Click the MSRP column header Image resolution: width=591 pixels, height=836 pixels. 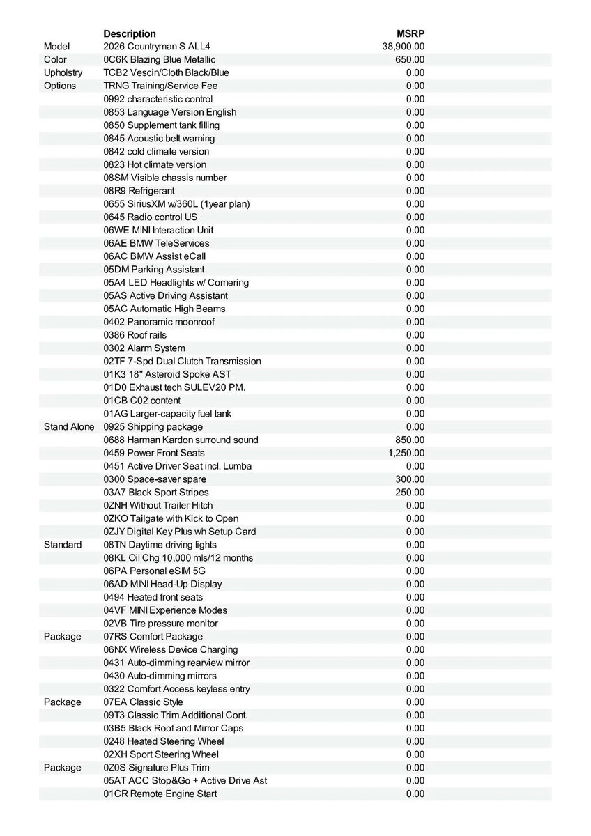point(410,33)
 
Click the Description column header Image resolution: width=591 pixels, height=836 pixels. point(130,33)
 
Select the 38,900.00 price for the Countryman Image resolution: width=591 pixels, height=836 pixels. point(404,47)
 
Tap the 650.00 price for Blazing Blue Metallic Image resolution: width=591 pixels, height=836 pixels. point(410,60)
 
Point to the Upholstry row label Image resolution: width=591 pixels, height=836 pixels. point(63,72)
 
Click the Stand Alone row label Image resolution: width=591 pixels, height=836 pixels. point(68,426)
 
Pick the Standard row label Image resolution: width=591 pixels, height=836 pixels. point(63,545)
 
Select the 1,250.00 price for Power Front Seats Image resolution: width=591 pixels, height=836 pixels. point(406,453)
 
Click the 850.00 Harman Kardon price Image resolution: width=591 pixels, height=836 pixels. point(410,440)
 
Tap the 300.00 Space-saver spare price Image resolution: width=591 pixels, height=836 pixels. point(410,479)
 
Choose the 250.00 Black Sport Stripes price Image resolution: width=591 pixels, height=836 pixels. point(410,493)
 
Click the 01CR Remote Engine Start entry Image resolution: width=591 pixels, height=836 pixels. point(160,794)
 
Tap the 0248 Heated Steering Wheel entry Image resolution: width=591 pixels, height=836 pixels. point(164,741)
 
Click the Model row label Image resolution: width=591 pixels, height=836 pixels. point(57,47)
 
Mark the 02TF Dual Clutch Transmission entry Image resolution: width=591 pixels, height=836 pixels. point(183,362)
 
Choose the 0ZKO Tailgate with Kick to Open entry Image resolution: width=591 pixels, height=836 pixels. point(171,518)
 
